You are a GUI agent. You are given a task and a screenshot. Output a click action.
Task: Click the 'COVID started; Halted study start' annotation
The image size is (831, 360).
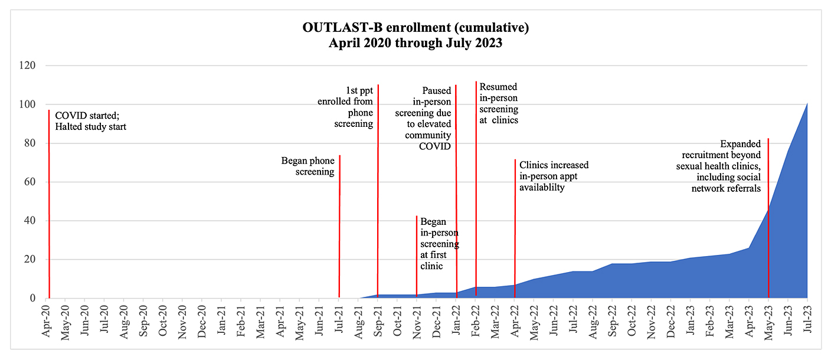coord(91,120)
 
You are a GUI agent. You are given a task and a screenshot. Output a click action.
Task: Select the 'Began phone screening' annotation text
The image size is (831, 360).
coord(308,166)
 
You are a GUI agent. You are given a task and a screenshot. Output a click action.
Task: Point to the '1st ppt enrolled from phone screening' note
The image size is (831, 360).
coord(351,107)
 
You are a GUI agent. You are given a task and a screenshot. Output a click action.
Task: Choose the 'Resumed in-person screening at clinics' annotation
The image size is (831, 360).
coord(499,104)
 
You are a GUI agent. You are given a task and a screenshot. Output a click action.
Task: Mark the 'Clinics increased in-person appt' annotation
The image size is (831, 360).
coord(554,176)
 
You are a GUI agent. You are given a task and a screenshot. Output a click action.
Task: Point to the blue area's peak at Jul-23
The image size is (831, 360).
coord(806,105)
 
